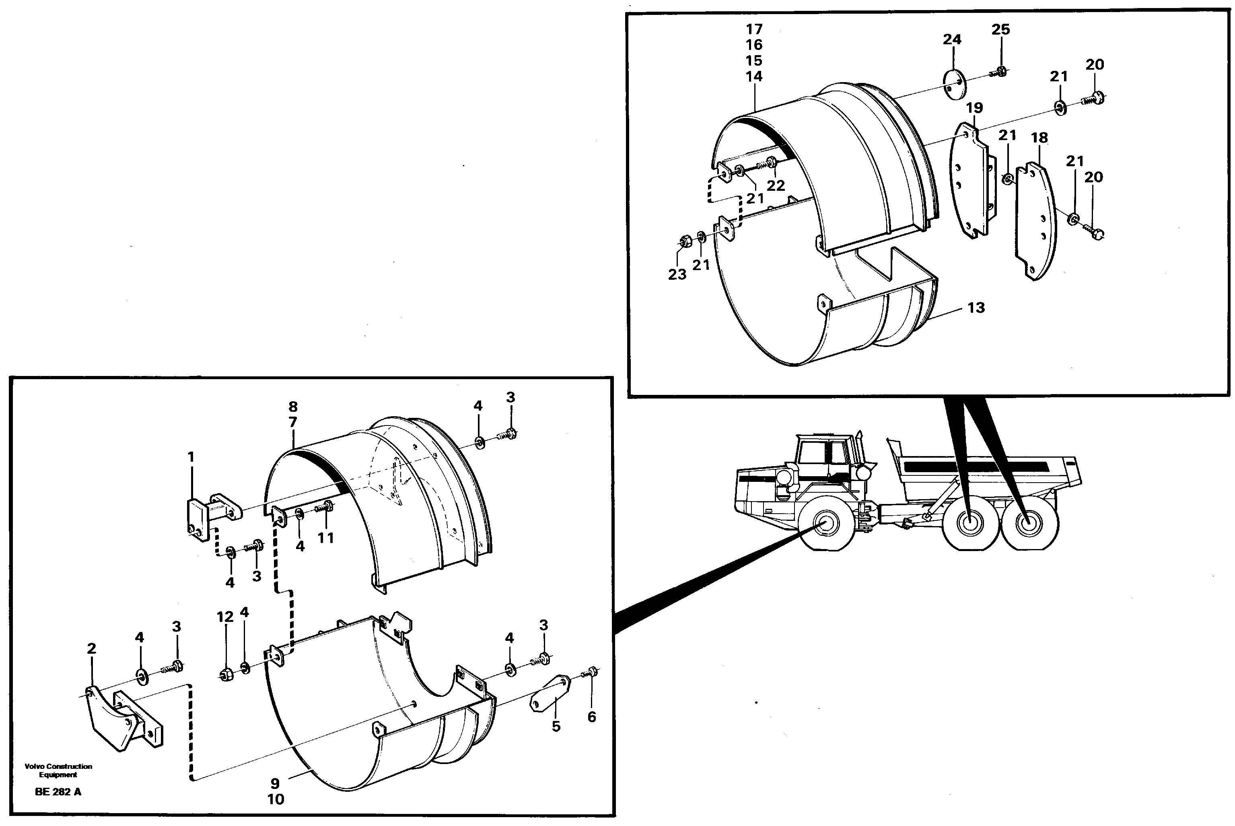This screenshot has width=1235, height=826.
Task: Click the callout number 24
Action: tap(952, 39)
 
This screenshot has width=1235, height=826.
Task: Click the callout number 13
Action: tap(976, 308)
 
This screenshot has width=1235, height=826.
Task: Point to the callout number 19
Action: tap(974, 108)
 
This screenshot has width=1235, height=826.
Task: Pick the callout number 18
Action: tap(1039, 138)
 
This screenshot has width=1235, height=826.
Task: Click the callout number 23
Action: tap(677, 275)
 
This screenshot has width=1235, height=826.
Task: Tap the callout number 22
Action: tap(776, 186)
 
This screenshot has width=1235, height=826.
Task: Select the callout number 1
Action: tap(191, 457)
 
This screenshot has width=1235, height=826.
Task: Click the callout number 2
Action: tap(92, 649)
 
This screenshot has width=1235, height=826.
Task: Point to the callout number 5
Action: tap(556, 727)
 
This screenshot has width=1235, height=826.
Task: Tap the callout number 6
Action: tap(592, 717)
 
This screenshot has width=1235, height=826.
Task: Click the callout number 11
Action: tap(325, 538)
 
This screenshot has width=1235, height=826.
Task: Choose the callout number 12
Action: tap(225, 617)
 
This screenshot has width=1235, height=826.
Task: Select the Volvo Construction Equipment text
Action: tap(58, 770)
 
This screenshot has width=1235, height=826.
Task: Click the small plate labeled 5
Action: tap(550, 694)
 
